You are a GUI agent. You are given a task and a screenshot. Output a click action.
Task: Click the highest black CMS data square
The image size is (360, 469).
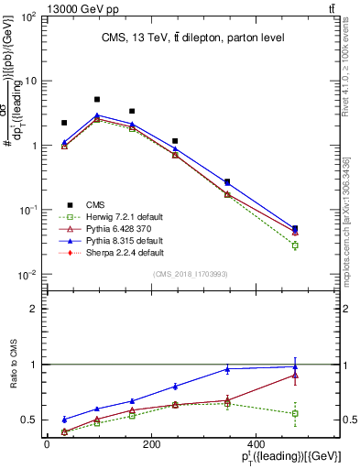pos(97,99)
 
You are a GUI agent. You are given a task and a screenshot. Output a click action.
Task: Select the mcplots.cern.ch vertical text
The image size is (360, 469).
pos(345,211)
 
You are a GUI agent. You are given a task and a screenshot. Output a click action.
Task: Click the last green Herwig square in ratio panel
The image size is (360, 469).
pos(295,414)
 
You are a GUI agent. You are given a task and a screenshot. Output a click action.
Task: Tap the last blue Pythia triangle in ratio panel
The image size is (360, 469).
pos(295,366)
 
